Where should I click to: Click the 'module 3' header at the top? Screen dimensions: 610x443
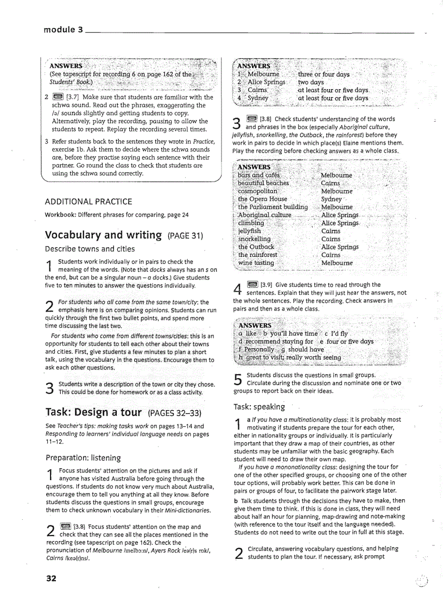point(63,30)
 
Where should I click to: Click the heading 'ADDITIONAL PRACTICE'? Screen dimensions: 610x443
point(88,202)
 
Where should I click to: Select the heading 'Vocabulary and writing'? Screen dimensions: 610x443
point(103,235)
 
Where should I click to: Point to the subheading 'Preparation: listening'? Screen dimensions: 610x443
point(83,457)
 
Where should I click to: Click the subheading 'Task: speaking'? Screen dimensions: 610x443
point(259,407)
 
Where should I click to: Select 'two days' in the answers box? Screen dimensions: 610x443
point(311,82)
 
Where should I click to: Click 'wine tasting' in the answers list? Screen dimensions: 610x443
point(256,263)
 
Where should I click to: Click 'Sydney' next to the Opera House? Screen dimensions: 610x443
point(331,199)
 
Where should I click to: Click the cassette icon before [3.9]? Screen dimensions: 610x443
point(252,284)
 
